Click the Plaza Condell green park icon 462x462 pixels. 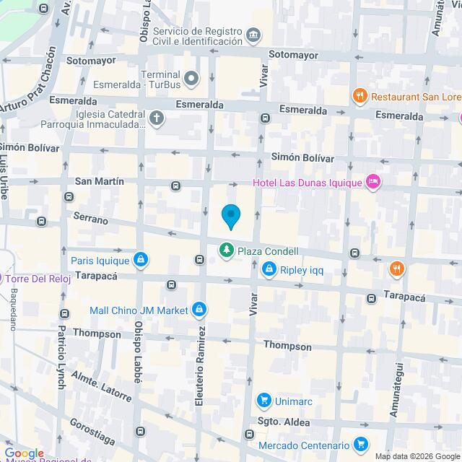[x=227, y=251]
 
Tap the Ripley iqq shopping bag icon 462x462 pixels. [x=269, y=270]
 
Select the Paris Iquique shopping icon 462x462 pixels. [x=141, y=260]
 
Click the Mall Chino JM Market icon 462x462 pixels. [x=199, y=310]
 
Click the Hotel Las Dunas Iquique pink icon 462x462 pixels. [x=373, y=182]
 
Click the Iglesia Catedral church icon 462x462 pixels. [x=157, y=118]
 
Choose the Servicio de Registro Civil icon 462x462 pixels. [x=253, y=35]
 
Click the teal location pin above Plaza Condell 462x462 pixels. [x=230, y=216]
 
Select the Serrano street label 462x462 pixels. [x=90, y=218]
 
